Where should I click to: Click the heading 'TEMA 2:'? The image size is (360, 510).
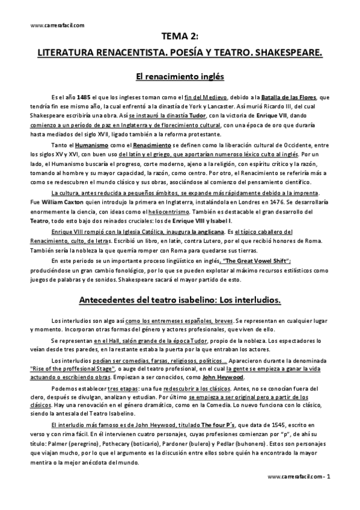tap(180, 35)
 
